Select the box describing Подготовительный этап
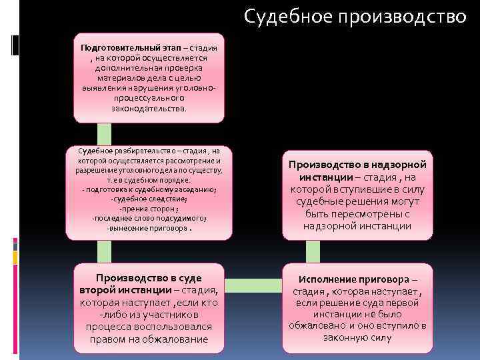[149, 77]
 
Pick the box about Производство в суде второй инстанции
[149, 307]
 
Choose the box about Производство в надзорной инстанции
[357, 195]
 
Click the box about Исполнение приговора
[357, 307]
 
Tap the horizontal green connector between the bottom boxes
[253, 286]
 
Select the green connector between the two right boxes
[313, 251]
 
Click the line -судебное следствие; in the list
[149, 199]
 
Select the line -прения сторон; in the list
[149, 209]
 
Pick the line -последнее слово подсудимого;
[149, 218]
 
